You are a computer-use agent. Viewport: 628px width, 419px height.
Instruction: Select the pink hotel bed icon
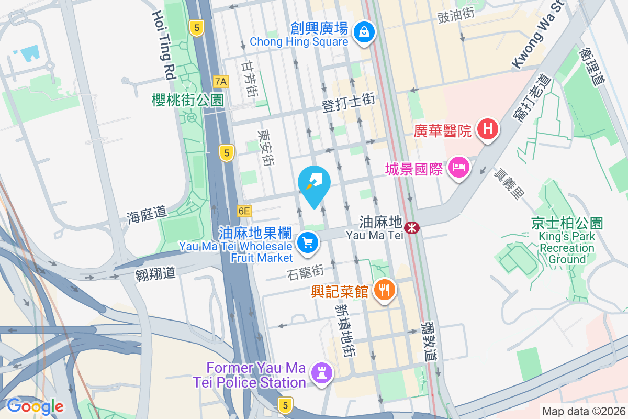pyautogui.click(x=459, y=168)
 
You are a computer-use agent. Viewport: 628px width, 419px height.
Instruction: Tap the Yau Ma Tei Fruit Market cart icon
pyautogui.click(x=308, y=243)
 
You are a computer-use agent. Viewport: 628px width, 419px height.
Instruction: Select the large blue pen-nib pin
pyautogui.click(x=314, y=184)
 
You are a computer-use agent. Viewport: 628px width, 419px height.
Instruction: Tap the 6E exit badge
pyautogui.click(x=244, y=211)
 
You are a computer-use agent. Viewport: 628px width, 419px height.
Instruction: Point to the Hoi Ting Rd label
pyautogui.click(x=162, y=45)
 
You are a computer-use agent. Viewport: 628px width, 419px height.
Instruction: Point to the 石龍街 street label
pyautogui.click(x=306, y=272)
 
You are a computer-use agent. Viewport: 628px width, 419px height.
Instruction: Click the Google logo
pyautogui.click(x=35, y=406)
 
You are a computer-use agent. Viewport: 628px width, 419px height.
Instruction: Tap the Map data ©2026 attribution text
pyautogui.click(x=584, y=412)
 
